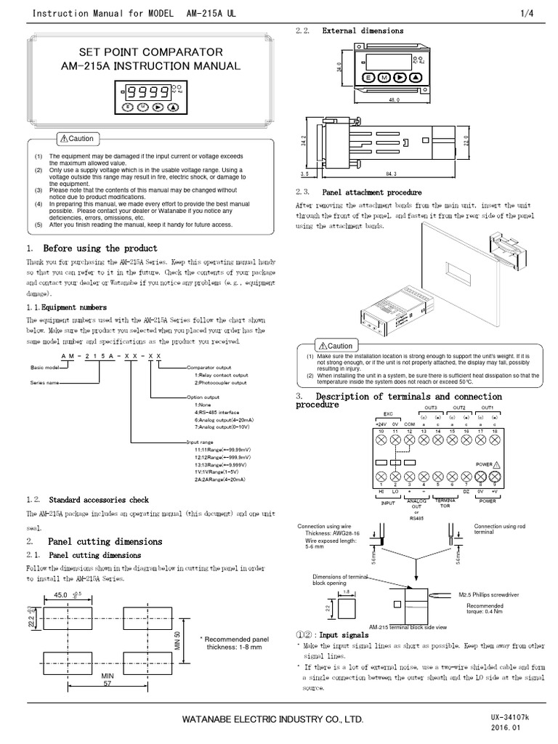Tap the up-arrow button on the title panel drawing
(173, 107)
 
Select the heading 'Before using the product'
(100, 248)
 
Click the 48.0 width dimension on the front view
(394, 100)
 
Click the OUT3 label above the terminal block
(431, 408)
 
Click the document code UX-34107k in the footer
(511, 716)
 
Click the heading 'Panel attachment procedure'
(371, 193)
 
